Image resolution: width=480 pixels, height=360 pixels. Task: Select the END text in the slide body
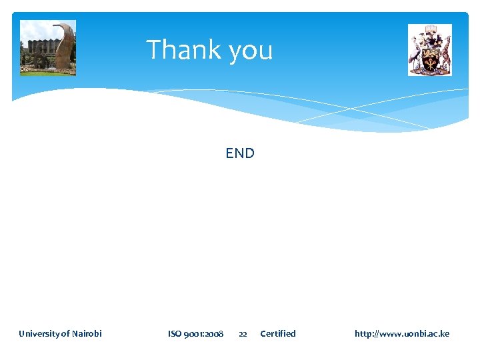(240, 153)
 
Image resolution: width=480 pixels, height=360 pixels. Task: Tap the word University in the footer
(39, 333)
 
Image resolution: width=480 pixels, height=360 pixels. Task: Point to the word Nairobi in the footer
(86, 333)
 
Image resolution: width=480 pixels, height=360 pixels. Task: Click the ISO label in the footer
(175, 333)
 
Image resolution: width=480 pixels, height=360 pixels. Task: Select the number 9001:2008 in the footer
(205, 333)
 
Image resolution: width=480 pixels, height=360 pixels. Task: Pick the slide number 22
(243, 334)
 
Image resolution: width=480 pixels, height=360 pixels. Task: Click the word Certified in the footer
(278, 333)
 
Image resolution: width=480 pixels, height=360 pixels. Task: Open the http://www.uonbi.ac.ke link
(402, 333)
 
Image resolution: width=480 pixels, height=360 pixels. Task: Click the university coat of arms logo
(430, 50)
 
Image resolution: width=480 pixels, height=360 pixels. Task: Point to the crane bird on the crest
(416, 52)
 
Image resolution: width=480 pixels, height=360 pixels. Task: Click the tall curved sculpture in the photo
(65, 47)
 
